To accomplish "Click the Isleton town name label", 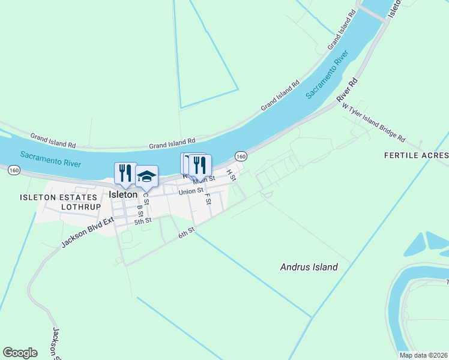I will click(x=124, y=194).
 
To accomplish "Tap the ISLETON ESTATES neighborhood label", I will click(x=58, y=197).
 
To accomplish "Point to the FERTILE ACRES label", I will click(x=416, y=155).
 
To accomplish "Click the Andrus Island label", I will click(x=309, y=267).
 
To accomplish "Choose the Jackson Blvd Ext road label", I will click(x=87, y=233).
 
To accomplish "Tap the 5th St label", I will click(x=143, y=221).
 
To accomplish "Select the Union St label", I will click(x=191, y=192).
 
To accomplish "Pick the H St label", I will click(x=231, y=175).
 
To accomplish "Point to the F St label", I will click(x=208, y=198).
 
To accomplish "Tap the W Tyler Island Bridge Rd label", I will click(x=373, y=123).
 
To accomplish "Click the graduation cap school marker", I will click(x=146, y=176).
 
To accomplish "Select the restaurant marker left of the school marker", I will click(x=125, y=173).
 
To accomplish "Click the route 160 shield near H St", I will click(x=241, y=156).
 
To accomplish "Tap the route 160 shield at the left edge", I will click(x=14, y=170).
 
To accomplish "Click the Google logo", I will click(x=20, y=353).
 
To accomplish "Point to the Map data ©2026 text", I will click(x=423, y=355).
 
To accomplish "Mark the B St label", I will click(x=140, y=211).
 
